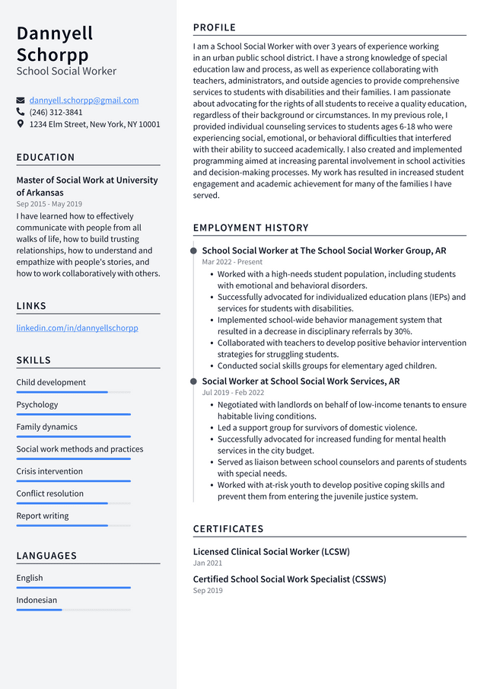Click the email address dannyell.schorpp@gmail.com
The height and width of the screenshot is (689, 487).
[x=84, y=100]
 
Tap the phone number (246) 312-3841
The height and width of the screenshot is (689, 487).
[x=56, y=112]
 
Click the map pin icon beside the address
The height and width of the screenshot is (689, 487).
[x=21, y=123]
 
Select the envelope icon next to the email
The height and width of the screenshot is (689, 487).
[x=21, y=100]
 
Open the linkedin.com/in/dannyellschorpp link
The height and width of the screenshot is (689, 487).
[x=77, y=328]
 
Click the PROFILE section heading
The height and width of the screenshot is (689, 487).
[x=215, y=27]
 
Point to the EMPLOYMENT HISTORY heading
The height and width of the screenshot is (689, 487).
[x=250, y=228]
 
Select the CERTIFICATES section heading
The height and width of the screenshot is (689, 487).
[x=228, y=529]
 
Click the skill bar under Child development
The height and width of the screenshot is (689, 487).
[x=73, y=392]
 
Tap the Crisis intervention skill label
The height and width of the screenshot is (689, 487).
[x=49, y=471]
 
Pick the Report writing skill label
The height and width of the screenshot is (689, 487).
[x=43, y=516]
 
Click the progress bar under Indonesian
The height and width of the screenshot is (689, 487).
[x=73, y=610]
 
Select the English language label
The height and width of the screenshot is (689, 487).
[x=30, y=578]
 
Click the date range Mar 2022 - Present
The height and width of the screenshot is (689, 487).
[x=232, y=262]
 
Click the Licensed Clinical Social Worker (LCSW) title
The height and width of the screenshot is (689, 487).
[x=271, y=552]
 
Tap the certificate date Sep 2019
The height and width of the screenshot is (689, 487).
[x=208, y=591]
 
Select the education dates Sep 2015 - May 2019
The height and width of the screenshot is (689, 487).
[x=49, y=204]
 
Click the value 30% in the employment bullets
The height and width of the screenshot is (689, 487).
[x=403, y=332]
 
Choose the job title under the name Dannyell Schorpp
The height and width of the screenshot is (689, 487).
[x=66, y=72]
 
